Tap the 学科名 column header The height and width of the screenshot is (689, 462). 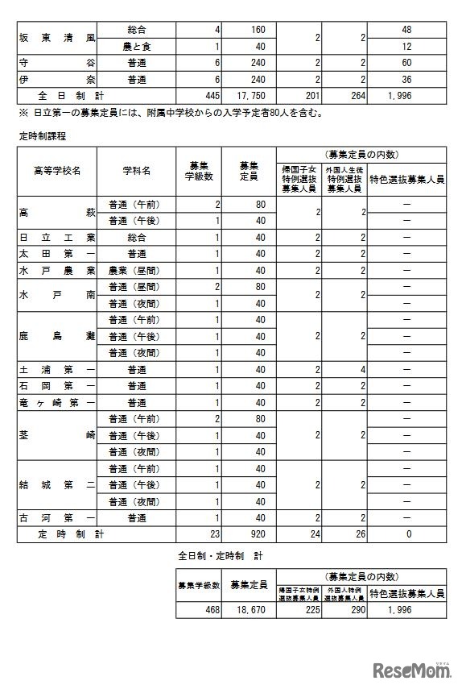136,171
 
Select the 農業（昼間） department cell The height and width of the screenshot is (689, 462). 136,270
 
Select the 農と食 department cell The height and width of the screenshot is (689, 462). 136,47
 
